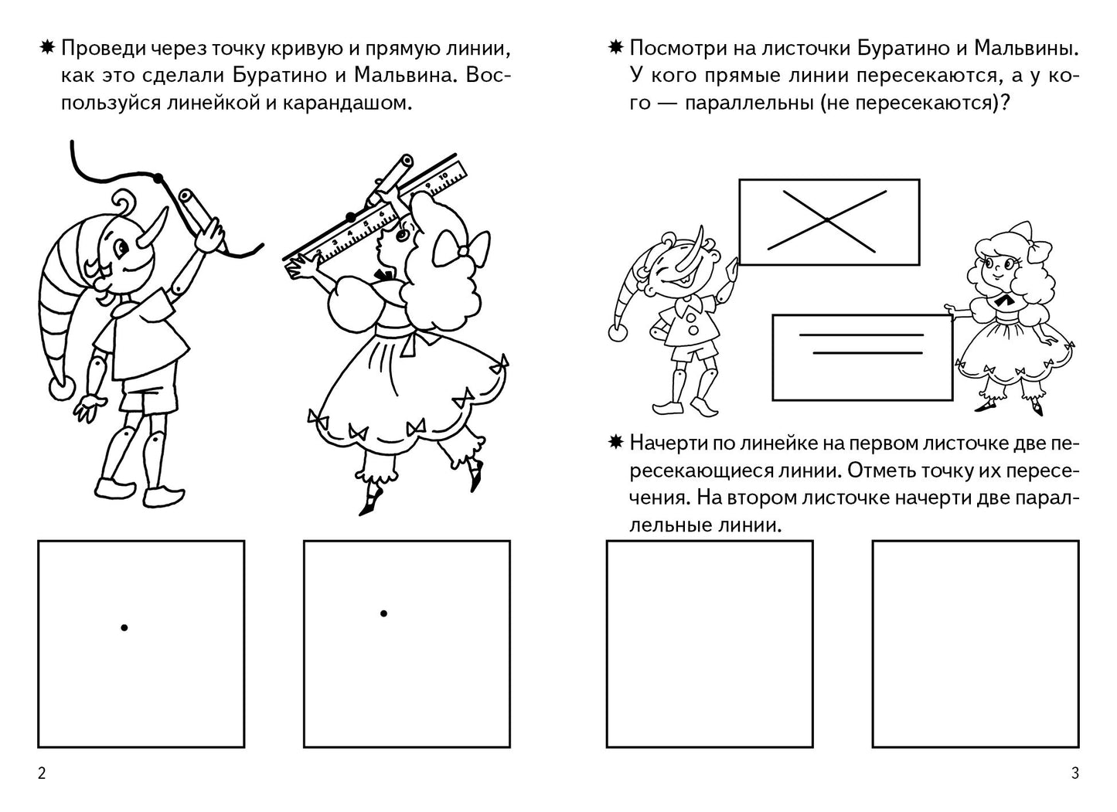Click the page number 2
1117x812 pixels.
41,774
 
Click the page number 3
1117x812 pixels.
1074,774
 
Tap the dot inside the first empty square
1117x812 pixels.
124,628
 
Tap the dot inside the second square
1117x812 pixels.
383,613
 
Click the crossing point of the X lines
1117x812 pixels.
826,220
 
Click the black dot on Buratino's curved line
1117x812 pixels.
158,178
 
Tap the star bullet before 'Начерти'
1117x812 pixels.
615,443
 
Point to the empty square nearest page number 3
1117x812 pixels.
975,644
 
